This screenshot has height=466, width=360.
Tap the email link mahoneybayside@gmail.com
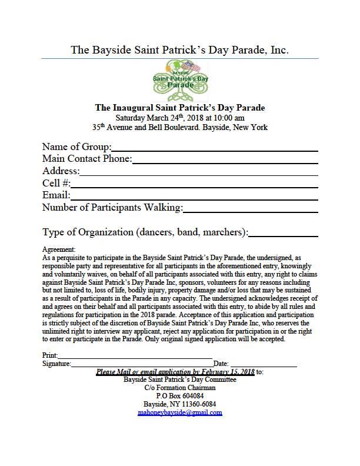tap(179, 413)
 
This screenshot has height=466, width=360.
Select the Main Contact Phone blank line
tap(225, 159)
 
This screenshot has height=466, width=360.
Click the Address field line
tap(198, 171)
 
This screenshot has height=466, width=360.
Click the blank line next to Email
tap(194, 195)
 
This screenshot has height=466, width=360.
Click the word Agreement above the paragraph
tap(59, 250)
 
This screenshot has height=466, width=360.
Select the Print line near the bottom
tap(135, 356)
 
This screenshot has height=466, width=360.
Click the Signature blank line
tap(142, 364)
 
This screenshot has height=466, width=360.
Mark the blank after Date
tap(262, 364)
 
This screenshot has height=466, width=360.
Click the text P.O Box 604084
tap(179, 397)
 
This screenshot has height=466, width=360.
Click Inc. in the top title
tap(280, 49)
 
